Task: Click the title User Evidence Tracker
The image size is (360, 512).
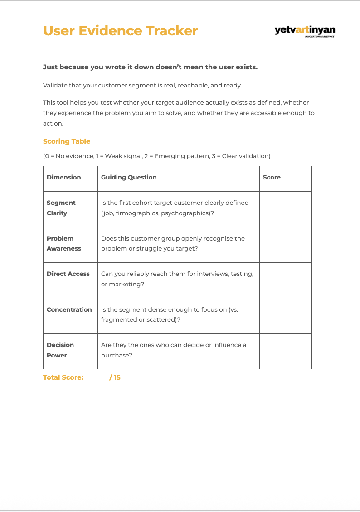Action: [120, 31]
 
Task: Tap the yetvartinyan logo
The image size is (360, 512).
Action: [305, 31]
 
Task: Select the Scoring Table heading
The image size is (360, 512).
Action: [67, 141]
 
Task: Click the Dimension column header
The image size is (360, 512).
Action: [64, 177]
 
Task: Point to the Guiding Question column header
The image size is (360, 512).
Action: [129, 177]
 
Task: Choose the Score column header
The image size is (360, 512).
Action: [272, 177]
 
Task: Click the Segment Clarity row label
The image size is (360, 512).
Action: [61, 208]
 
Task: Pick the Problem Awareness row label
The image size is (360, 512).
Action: [64, 243]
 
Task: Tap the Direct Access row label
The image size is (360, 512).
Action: [68, 274]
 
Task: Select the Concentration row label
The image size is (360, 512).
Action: [69, 309]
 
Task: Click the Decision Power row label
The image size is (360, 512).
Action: [60, 350]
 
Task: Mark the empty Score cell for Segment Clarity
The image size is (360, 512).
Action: [285, 209]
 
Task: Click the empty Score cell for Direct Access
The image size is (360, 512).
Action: [285, 280]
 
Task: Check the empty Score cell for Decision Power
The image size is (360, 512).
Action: [285, 351]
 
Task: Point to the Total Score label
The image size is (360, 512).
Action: [63, 377]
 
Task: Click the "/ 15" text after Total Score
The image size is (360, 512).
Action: [115, 377]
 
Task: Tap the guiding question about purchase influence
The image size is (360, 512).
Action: [174, 350]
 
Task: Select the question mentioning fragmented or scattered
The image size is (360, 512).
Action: [169, 314]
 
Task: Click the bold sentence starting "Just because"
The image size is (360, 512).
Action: [150, 67]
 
